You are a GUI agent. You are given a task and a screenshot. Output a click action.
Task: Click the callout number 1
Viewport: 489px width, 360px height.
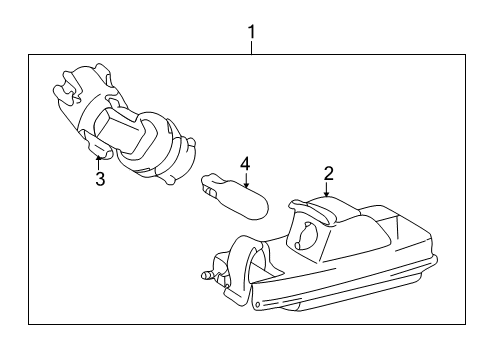[252, 32]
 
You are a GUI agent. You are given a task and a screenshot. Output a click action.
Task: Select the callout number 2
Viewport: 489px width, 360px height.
[328, 174]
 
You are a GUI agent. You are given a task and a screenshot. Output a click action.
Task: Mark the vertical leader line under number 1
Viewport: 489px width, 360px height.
[252, 48]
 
